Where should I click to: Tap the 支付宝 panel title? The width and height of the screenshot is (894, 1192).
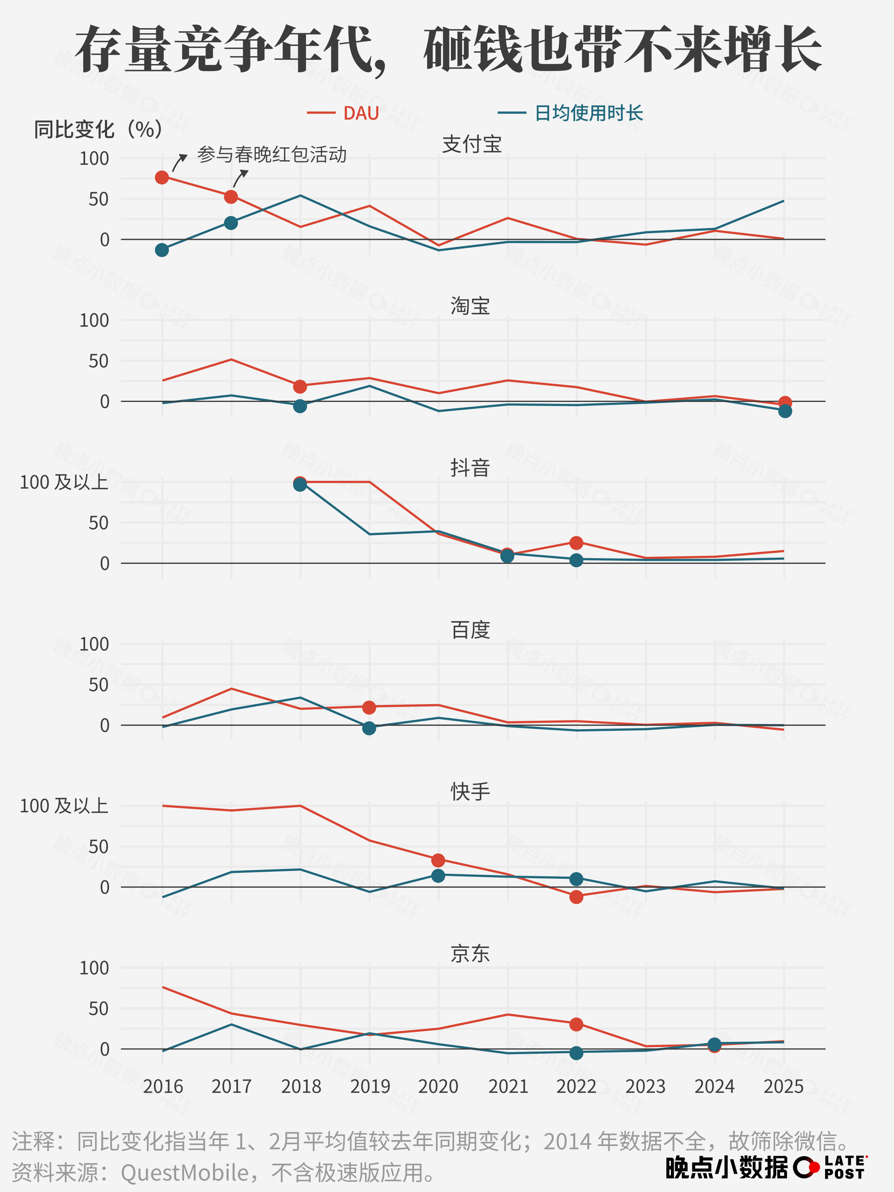[x=472, y=145]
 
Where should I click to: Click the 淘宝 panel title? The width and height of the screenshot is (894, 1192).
[x=470, y=306]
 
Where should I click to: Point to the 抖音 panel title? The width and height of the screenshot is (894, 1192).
[x=470, y=468]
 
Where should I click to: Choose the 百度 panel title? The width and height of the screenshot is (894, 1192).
[x=470, y=630]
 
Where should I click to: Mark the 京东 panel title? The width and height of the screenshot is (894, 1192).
[x=470, y=953]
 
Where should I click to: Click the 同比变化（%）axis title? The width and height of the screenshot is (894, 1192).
[x=98, y=129]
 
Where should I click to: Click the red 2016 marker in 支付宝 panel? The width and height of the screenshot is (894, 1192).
[x=162, y=177]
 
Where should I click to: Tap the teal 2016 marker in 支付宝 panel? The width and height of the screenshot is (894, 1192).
[x=162, y=250]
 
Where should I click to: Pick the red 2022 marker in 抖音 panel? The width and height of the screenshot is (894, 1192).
[x=576, y=542]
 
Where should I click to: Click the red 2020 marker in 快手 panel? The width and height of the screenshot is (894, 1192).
[x=438, y=860]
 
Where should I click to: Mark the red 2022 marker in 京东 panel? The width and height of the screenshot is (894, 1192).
[x=576, y=1024]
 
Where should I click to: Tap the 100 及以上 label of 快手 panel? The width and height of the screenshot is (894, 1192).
[x=64, y=806]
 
